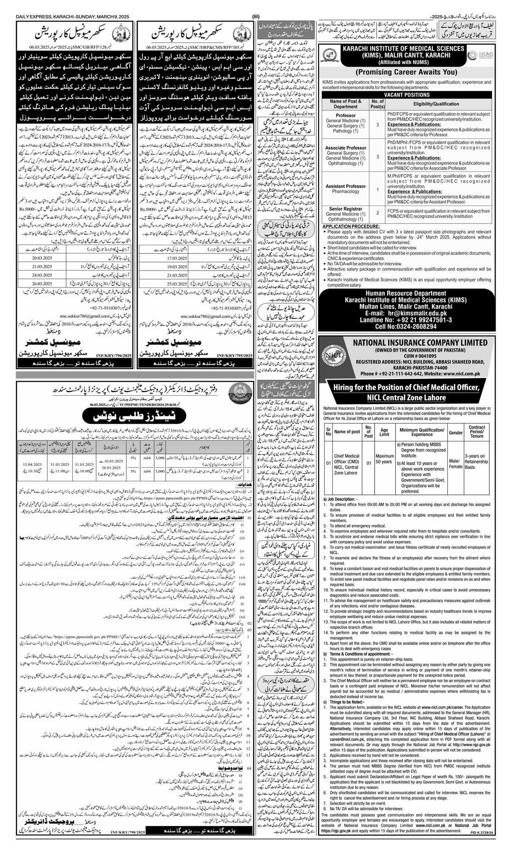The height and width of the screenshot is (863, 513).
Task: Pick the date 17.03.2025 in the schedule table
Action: coord(159,262)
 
